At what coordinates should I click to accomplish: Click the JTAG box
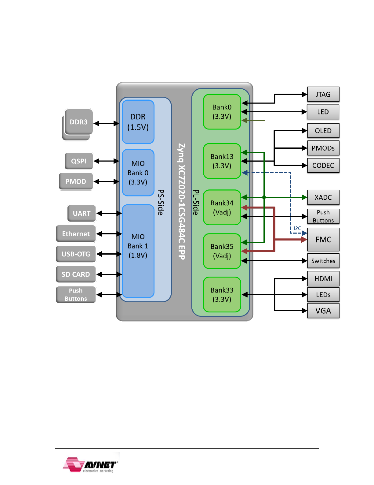[323, 94]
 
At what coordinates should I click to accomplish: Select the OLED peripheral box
[323, 131]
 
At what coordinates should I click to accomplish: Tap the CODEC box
[323, 165]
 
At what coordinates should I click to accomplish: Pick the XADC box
[323, 197]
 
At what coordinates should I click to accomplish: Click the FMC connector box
[323, 240]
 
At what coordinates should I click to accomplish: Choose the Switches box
[323, 260]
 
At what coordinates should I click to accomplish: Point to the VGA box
[323, 311]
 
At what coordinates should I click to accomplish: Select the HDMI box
[323, 278]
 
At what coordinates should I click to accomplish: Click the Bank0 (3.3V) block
[222, 112]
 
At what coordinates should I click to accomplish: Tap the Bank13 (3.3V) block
[222, 161]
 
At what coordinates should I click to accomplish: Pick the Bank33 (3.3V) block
[222, 294]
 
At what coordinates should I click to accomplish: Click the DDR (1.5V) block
[138, 122]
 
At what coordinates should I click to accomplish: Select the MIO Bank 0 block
[138, 173]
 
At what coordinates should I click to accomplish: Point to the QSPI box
[78, 161]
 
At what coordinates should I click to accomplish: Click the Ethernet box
[76, 234]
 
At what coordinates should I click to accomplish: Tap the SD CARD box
[76, 274]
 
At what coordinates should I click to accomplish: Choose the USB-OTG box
[76, 254]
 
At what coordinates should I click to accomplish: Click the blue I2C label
[297, 228]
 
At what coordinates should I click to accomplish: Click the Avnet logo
[90, 465]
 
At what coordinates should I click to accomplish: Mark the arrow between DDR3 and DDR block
[107, 123]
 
